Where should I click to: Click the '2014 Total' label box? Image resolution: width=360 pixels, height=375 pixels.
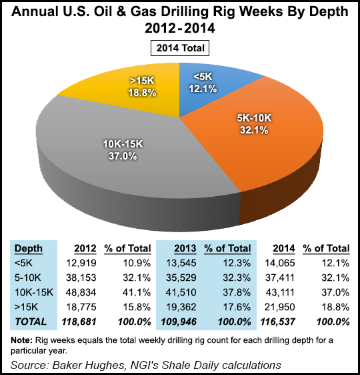180,47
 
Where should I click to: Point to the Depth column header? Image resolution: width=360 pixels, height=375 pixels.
29,248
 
